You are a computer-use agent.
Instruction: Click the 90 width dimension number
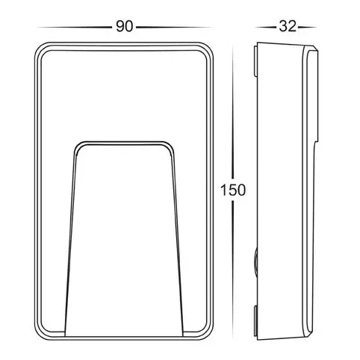[x=124, y=27]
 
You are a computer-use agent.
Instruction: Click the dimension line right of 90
[x=175, y=27]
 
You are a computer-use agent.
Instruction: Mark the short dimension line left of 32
[x=264, y=27]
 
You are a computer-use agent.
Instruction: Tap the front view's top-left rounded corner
[x=43, y=51]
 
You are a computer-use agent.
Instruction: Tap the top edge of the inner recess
[x=125, y=140]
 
